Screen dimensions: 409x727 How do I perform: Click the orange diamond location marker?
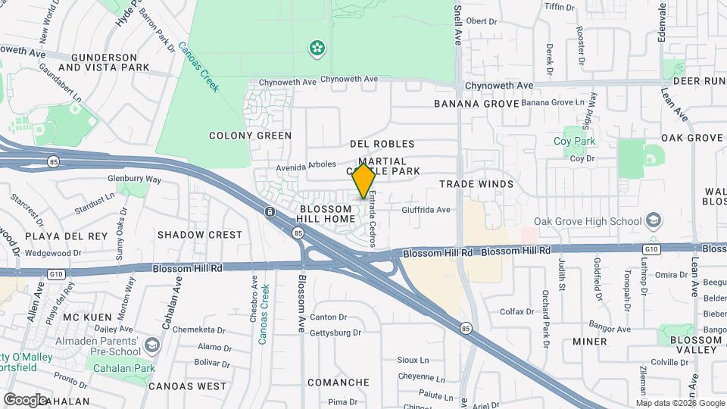(364, 181)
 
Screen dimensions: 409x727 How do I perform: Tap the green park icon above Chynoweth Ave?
(317, 49)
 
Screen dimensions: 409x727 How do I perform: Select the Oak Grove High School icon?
(654, 221)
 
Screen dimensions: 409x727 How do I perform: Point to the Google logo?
(25, 399)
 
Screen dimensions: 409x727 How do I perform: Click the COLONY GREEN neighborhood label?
(250, 136)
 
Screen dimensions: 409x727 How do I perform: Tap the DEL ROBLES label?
(382, 144)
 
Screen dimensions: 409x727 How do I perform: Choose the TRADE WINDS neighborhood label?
(476, 184)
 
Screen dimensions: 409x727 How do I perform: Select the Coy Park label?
(575, 142)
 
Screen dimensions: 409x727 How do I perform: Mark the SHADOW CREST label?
(200, 235)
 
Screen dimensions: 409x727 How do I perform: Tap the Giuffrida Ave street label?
(426, 210)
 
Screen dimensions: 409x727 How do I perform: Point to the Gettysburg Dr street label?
(335, 333)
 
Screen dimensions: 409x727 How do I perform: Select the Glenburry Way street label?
(135, 180)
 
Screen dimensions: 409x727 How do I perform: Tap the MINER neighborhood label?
(589, 342)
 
